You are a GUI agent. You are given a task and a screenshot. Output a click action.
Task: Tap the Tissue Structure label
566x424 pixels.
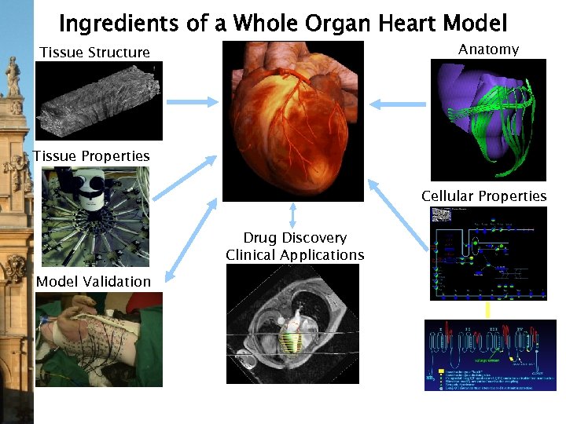[x=94, y=53]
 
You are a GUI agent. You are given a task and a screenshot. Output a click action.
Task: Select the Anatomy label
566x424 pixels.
[x=488, y=49]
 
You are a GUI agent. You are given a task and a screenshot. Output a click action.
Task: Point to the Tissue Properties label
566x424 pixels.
[x=91, y=156]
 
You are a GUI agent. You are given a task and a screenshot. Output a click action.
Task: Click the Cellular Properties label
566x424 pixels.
[x=483, y=196]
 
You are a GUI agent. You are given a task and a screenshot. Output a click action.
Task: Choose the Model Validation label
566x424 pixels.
[x=93, y=281]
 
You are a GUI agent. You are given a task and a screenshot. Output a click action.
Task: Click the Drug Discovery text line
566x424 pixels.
[x=295, y=238]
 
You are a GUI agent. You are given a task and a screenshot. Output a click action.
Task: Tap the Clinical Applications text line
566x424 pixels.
[x=295, y=255]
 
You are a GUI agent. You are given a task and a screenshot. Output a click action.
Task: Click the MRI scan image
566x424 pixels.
[x=292, y=323]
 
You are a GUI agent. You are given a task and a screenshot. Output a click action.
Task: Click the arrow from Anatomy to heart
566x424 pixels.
[x=397, y=103]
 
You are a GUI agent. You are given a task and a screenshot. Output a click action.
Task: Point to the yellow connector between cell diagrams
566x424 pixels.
[x=487, y=309]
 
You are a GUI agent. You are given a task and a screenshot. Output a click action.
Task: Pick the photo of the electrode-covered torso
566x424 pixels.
[x=99, y=339]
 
